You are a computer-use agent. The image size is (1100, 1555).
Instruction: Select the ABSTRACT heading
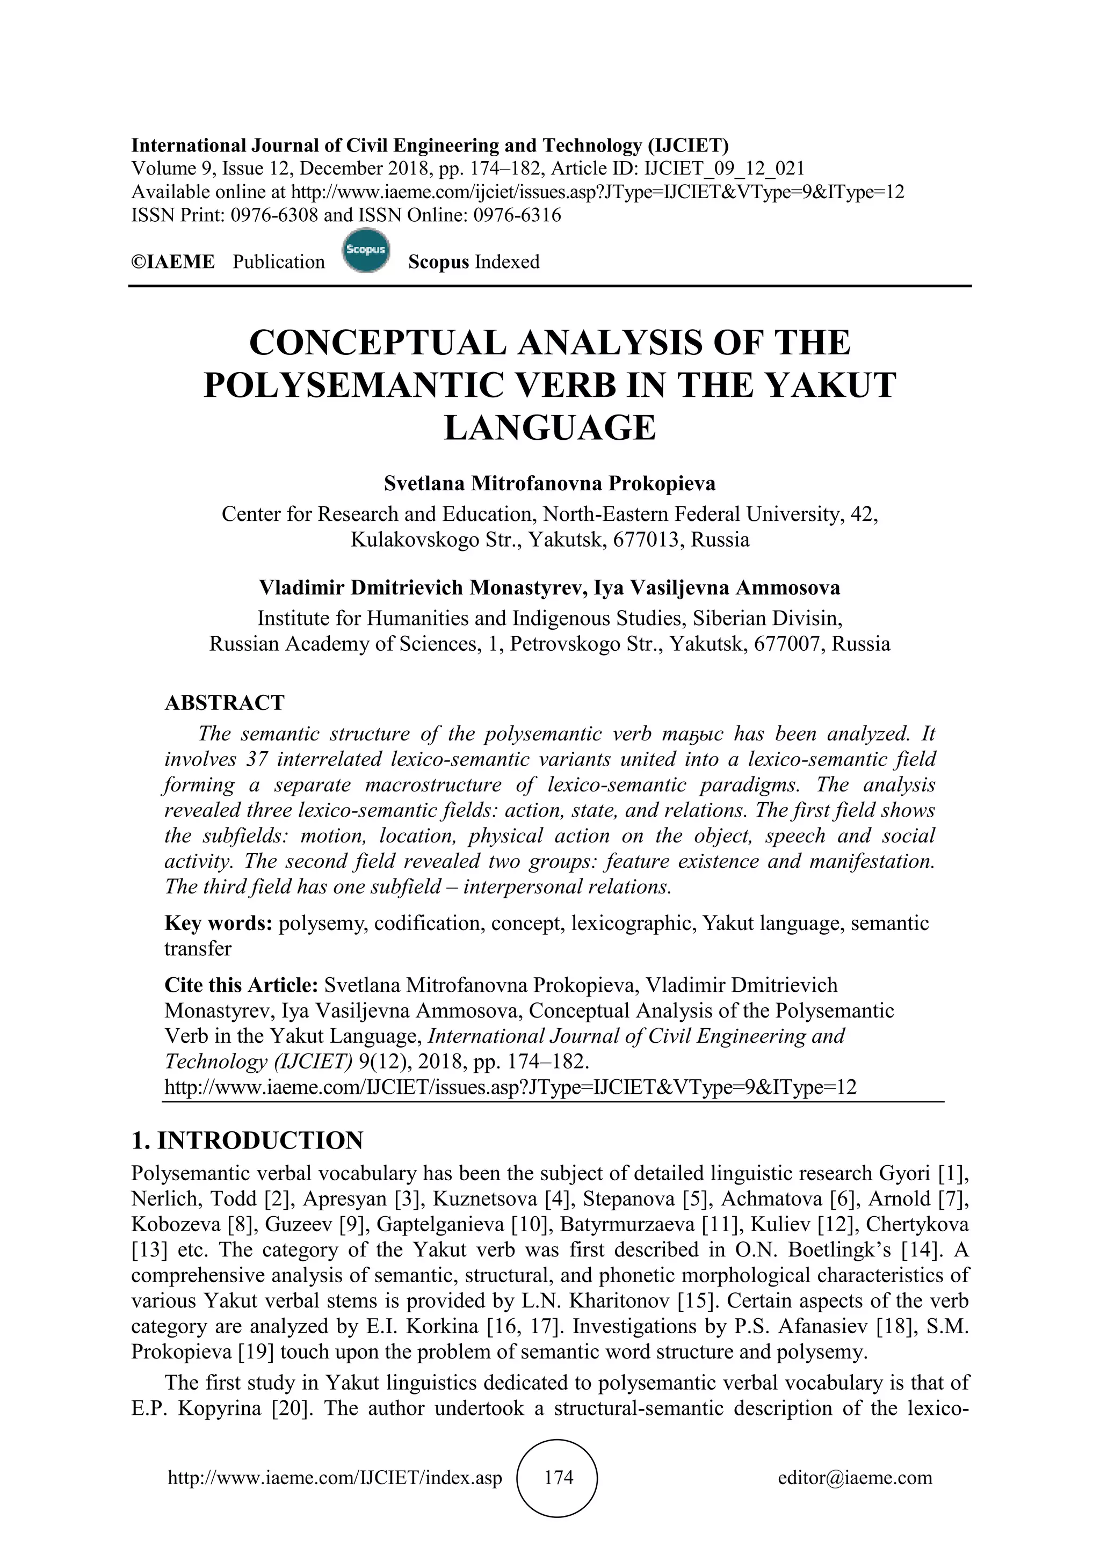click(x=224, y=702)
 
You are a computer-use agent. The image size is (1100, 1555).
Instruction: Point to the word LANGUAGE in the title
click(x=550, y=428)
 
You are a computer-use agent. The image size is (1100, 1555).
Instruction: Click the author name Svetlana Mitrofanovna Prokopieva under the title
click(x=549, y=484)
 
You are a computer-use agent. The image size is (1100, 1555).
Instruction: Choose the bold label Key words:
click(x=218, y=923)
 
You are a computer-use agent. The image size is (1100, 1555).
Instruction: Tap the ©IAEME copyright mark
click(x=173, y=262)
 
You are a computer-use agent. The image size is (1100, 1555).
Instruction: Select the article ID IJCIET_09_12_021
click(x=724, y=169)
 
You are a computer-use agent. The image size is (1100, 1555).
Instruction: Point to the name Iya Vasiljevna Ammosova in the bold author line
click(x=717, y=587)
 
